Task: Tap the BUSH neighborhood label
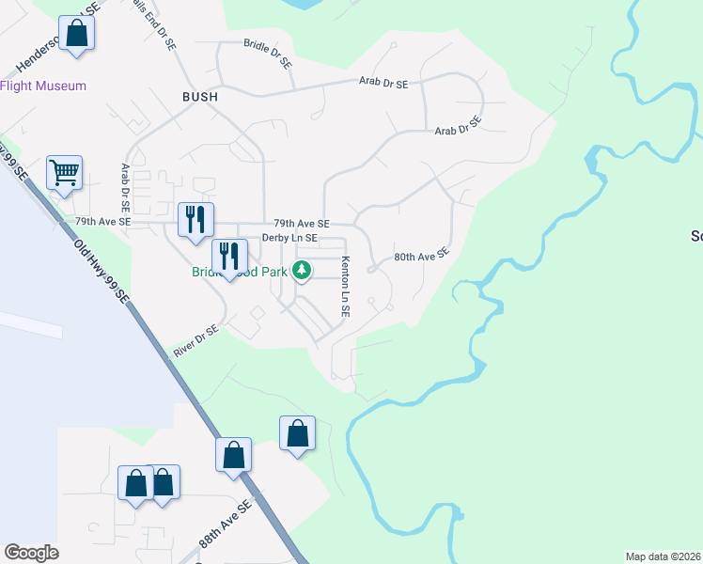[200, 97]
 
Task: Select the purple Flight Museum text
[43, 86]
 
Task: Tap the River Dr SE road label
[195, 342]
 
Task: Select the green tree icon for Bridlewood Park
[302, 272]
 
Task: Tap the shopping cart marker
[65, 172]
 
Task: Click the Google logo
[31, 553]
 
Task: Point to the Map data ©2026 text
[664, 556]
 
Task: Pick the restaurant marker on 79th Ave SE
[196, 220]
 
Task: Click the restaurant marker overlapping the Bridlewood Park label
[229, 256]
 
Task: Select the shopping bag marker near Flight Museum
[77, 34]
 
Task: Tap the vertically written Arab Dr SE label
[124, 188]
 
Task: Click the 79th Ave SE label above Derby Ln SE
[302, 224]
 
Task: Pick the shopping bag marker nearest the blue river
[297, 433]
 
